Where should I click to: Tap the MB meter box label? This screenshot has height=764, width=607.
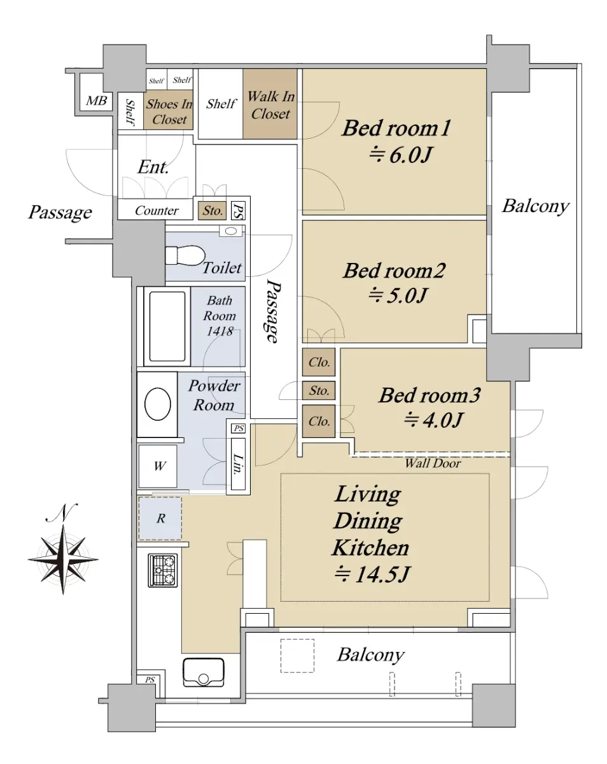click(97, 101)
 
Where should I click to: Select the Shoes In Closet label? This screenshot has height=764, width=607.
click(169, 111)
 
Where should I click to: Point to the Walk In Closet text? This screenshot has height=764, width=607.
click(270, 105)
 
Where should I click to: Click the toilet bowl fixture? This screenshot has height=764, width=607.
click(185, 255)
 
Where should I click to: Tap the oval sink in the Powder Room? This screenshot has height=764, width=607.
click(158, 404)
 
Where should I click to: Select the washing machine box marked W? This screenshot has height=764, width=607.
click(158, 466)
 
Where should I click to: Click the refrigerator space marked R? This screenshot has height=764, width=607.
click(160, 518)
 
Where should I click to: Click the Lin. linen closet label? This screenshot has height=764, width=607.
click(238, 463)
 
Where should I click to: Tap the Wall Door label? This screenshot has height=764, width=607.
click(433, 463)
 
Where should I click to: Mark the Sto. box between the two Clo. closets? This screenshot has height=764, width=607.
click(319, 390)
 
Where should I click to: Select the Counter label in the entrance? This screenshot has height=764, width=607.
click(157, 211)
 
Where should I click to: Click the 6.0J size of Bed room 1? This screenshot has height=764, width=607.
click(400, 155)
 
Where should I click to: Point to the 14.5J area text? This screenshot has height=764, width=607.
click(372, 574)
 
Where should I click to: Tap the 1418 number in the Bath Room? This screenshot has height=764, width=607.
click(220, 331)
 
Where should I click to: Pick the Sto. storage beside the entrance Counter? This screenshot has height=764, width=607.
click(212, 211)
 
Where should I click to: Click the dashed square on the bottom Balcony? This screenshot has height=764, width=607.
click(297, 656)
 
